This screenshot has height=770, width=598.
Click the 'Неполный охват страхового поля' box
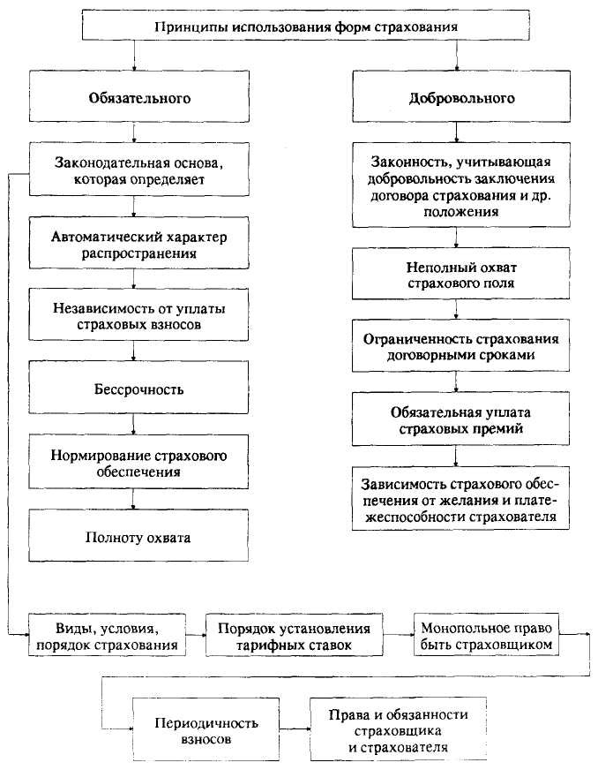[x=455, y=276]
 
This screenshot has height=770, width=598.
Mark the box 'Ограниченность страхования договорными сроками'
[x=455, y=347]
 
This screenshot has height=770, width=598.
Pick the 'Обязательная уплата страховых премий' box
[x=455, y=420]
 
